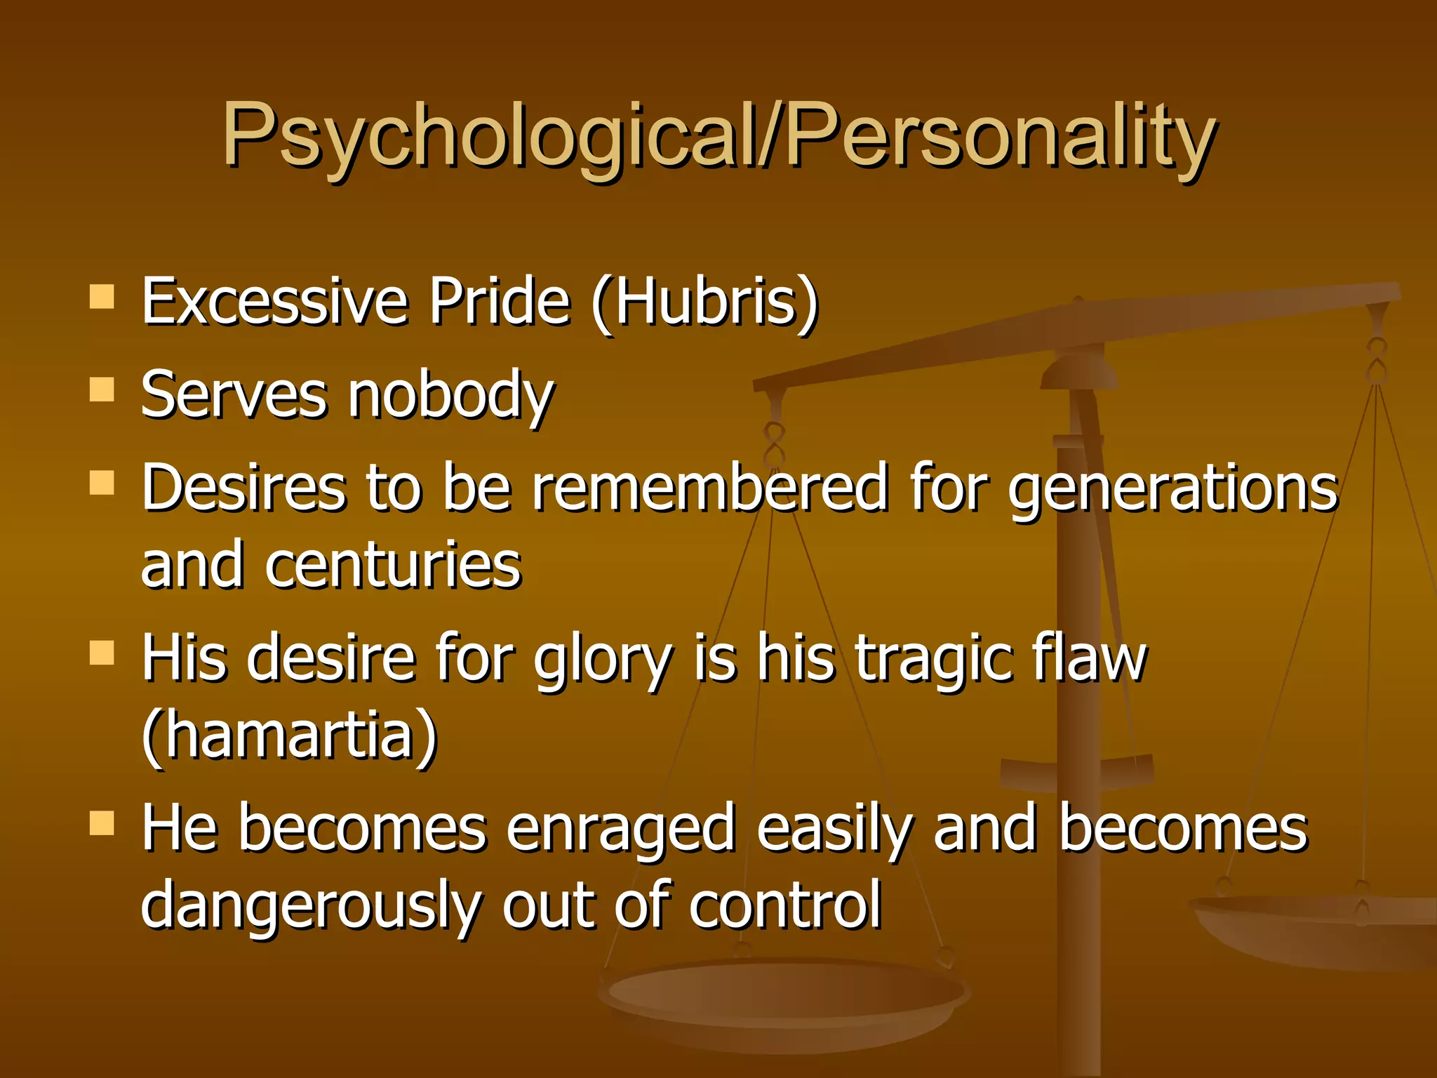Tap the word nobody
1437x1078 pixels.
pos(451,396)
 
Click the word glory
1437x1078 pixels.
pos(602,660)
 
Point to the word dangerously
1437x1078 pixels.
pos(309,907)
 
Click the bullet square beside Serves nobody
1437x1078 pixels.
pos(102,390)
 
